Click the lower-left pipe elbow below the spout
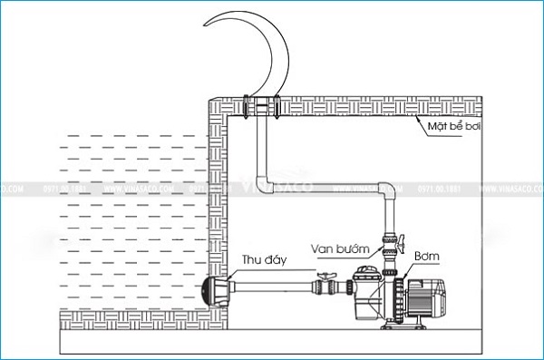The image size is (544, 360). point(267,179)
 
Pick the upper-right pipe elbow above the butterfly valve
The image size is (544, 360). point(388,192)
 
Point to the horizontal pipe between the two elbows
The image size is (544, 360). point(326,186)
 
